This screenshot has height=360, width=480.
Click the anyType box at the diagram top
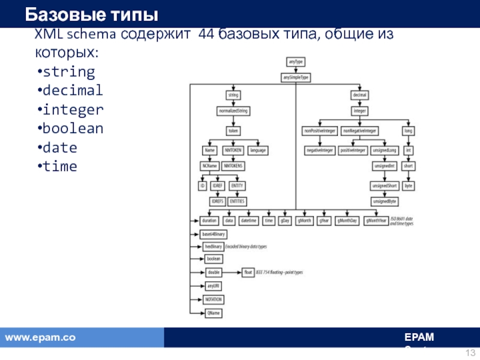pyautogui.click(x=295, y=61)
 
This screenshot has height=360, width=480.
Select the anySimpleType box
pyautogui.click(x=296, y=77)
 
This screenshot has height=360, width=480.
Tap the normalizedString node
pyautogui.click(x=233, y=111)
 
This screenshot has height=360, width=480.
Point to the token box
pyautogui.click(x=233, y=130)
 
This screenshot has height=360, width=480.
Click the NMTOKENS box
pyautogui.click(x=233, y=166)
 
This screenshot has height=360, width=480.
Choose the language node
pyautogui.click(x=257, y=150)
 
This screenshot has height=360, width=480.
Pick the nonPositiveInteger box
pyautogui.click(x=319, y=130)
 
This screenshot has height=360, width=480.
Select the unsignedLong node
pyautogui.click(x=385, y=150)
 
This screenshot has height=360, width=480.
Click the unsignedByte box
pyautogui.click(x=385, y=202)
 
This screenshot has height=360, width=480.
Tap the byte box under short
pyautogui.click(x=409, y=186)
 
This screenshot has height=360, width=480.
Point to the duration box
pyautogui.click(x=209, y=221)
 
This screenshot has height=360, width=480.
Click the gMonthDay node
pyautogui.click(x=347, y=221)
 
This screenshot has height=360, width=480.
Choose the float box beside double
pyautogui.click(x=248, y=272)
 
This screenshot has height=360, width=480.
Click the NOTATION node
pyautogui.click(x=214, y=299)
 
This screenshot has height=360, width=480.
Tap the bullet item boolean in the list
pyautogui.click(x=71, y=129)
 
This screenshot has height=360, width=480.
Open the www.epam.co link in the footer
pyautogui.click(x=40, y=338)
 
